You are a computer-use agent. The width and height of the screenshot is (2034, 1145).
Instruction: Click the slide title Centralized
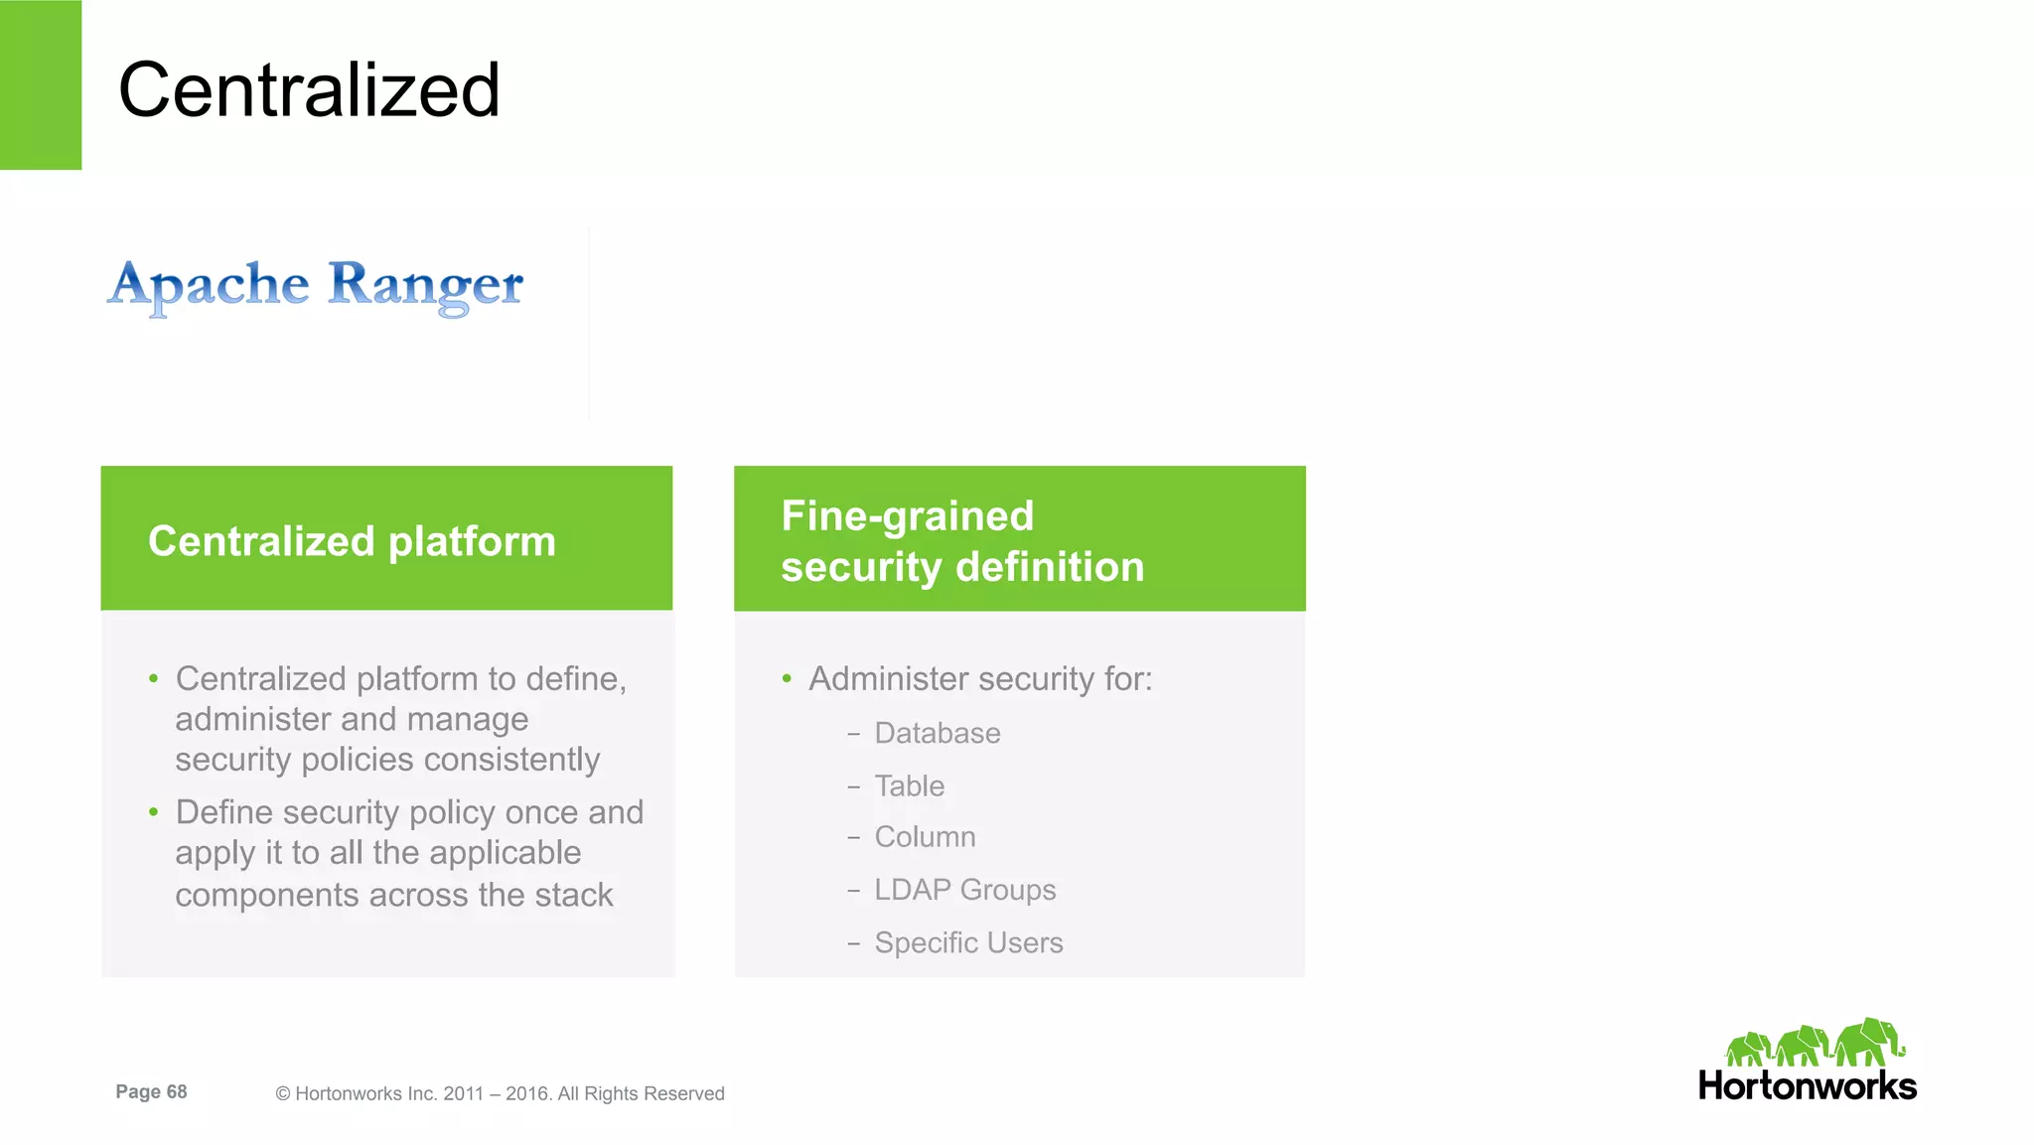(309, 90)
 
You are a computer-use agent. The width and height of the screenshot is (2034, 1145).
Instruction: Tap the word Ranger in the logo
(425, 286)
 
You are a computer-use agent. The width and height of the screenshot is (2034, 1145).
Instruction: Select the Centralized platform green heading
(352, 541)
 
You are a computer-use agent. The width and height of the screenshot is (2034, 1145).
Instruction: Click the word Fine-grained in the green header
(907, 516)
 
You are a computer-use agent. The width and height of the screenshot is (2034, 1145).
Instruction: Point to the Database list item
(937, 734)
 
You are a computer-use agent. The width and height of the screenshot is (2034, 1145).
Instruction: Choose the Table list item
(909, 787)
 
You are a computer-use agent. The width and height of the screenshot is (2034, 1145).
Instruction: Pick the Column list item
(925, 837)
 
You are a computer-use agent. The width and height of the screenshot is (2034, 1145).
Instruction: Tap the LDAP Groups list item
(964, 890)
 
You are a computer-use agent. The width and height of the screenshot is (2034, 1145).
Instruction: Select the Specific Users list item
(968, 942)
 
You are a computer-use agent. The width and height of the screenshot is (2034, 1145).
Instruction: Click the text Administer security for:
(980, 679)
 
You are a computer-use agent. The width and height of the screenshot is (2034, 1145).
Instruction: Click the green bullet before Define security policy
(154, 812)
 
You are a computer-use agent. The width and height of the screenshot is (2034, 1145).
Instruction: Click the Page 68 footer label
(151, 1092)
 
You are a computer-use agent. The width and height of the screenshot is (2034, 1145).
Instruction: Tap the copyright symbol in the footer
(283, 1094)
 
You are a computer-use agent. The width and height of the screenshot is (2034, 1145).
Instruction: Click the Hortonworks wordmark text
(1807, 1086)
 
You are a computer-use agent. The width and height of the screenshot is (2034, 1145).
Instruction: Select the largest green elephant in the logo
(1868, 1042)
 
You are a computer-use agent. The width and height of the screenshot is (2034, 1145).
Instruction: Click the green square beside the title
(41, 84)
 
